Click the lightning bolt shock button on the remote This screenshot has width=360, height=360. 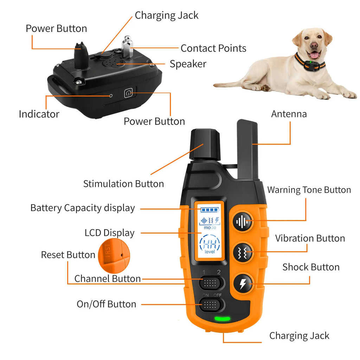243,283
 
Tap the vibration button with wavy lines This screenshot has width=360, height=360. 243,252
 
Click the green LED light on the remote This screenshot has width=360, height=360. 222,319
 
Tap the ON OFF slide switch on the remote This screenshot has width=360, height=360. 212,304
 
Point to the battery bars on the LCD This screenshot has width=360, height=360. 210,210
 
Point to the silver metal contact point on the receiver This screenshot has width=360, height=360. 127,48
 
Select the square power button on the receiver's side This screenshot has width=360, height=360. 129,93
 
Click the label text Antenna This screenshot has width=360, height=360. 289,114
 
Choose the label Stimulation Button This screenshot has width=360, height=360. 123,184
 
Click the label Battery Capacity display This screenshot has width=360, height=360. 83,208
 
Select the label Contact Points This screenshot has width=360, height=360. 213,48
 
